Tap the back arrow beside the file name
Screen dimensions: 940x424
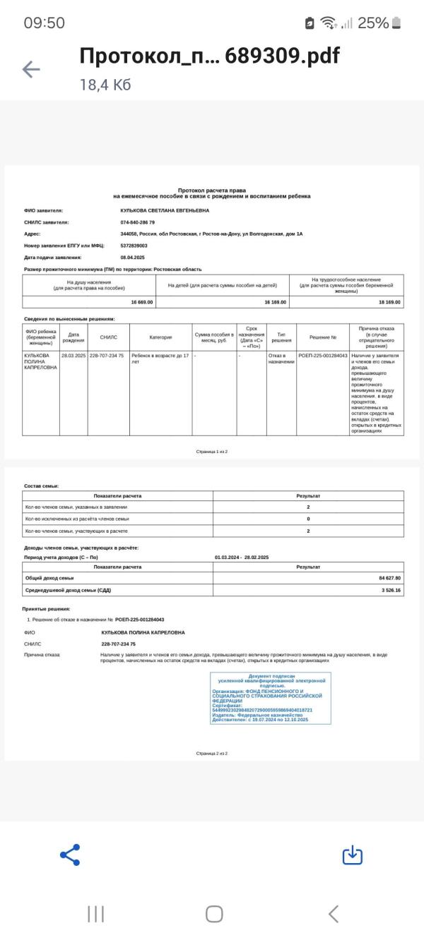click(x=31, y=68)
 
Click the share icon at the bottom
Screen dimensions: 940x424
click(x=70, y=855)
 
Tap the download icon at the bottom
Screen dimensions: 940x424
click(x=352, y=855)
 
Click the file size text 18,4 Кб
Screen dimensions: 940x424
click(x=105, y=85)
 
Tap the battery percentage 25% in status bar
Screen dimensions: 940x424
click(x=372, y=23)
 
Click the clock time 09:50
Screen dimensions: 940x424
click(x=45, y=23)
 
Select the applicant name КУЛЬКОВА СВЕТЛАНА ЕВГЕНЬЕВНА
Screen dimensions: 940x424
click(x=165, y=210)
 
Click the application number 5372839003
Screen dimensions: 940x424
click(x=134, y=246)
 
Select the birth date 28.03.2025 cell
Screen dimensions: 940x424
click(x=73, y=356)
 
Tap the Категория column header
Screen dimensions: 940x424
click(x=160, y=337)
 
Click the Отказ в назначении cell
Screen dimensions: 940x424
click(x=281, y=358)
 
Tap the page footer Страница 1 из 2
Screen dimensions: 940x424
click(x=211, y=451)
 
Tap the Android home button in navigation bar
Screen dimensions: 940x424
click(x=214, y=915)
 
